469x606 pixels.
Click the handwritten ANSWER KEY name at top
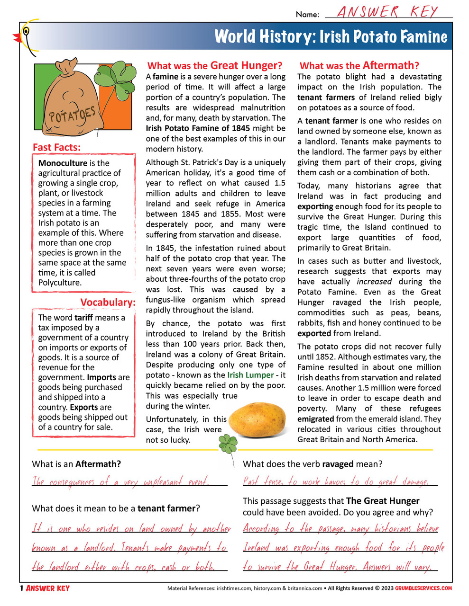387,12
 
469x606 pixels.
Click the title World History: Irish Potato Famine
331,36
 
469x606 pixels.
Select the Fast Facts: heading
56,147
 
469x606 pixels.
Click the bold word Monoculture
63,163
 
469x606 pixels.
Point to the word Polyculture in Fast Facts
60,283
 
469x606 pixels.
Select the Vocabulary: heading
108,302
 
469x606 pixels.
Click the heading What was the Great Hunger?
214,65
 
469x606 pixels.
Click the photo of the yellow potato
258,417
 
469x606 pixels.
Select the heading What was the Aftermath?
359,65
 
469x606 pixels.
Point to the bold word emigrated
315,419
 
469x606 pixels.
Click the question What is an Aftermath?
76,464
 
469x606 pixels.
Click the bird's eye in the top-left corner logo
26,32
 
